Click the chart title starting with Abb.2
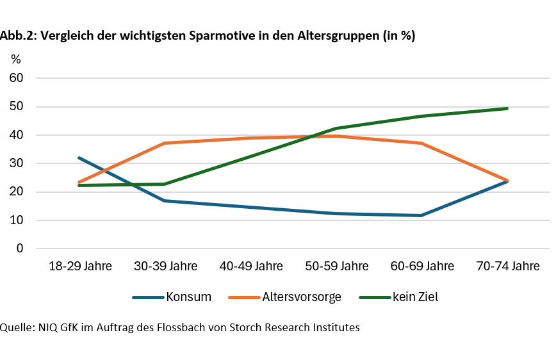click(208, 36)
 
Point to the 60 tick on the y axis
click(15, 78)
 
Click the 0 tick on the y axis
click(19, 249)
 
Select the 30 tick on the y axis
click(15, 163)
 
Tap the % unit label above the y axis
click(15, 60)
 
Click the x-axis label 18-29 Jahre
click(80, 266)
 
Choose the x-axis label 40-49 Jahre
click(250, 266)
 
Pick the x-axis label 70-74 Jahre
click(508, 266)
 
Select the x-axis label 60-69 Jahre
click(421, 266)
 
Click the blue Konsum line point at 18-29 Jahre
click(79, 158)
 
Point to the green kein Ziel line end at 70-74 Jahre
click(507, 108)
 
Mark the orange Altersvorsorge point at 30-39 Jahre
click(165, 143)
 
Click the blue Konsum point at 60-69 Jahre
click(421, 215)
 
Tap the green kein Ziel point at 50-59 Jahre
click(336, 128)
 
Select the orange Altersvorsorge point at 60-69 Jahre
click(421, 143)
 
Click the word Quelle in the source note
click(15, 328)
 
